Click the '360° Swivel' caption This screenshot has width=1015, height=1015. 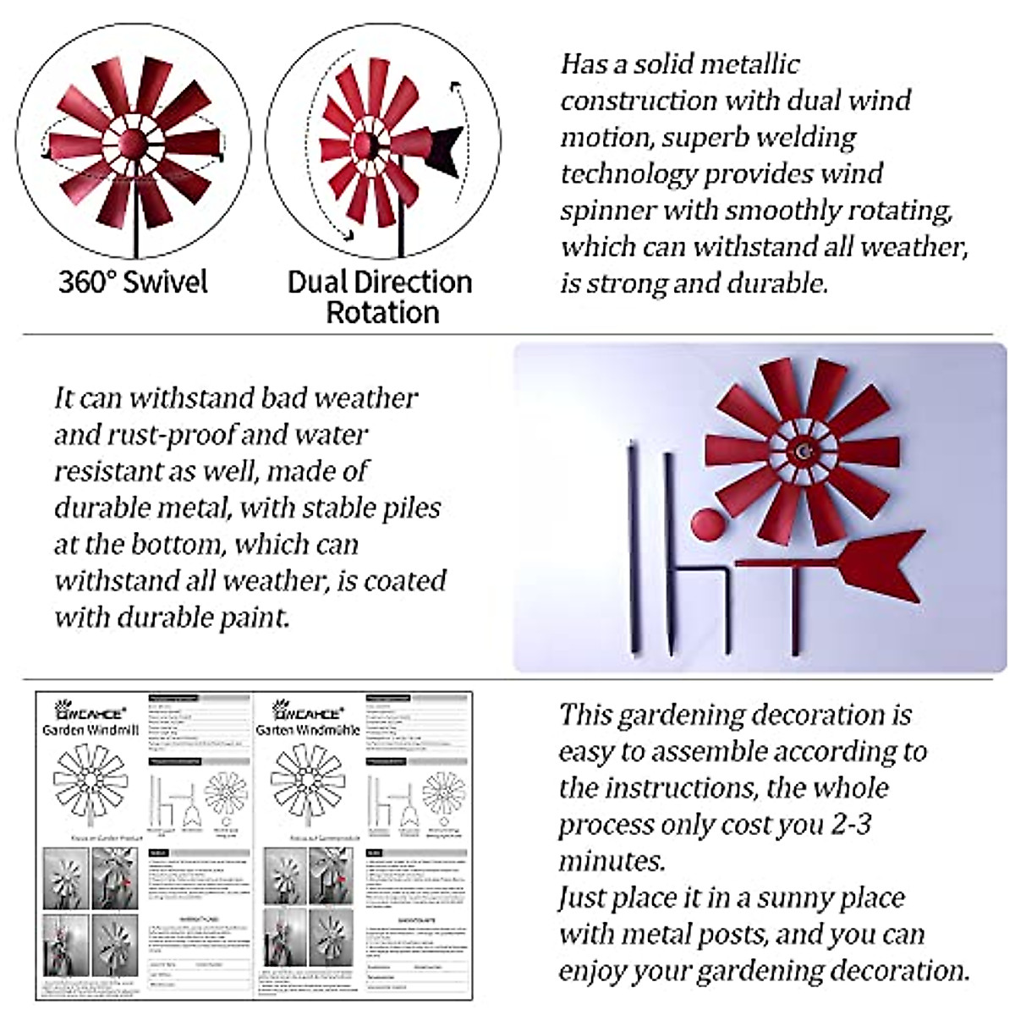click(x=133, y=282)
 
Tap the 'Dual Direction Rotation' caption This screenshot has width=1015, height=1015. click(x=381, y=296)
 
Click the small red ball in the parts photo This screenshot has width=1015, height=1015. click(x=708, y=525)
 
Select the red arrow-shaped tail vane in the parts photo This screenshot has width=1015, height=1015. click(x=880, y=562)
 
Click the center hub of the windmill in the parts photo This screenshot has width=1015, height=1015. click(x=801, y=452)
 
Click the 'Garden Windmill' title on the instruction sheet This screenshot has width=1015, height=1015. click(x=91, y=729)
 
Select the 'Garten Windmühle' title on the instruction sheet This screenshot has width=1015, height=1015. click(x=308, y=729)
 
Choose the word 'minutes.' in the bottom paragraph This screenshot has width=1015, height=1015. click(x=611, y=861)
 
